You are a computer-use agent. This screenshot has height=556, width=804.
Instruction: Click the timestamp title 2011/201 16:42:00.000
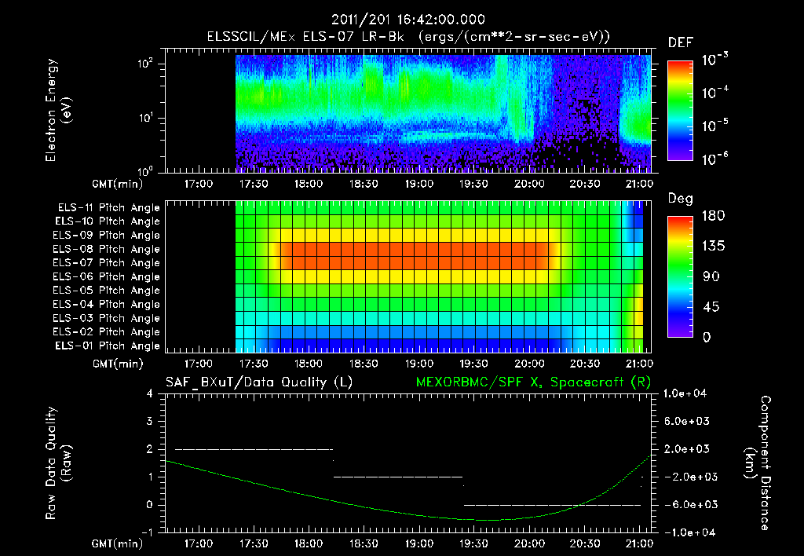click(x=407, y=20)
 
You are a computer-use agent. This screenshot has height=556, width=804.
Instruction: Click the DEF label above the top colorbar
click(x=680, y=42)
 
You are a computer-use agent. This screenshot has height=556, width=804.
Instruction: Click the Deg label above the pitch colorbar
click(x=680, y=199)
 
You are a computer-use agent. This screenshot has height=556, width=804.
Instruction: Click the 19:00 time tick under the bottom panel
click(x=419, y=543)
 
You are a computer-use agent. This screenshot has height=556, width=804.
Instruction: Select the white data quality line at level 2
click(x=254, y=449)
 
